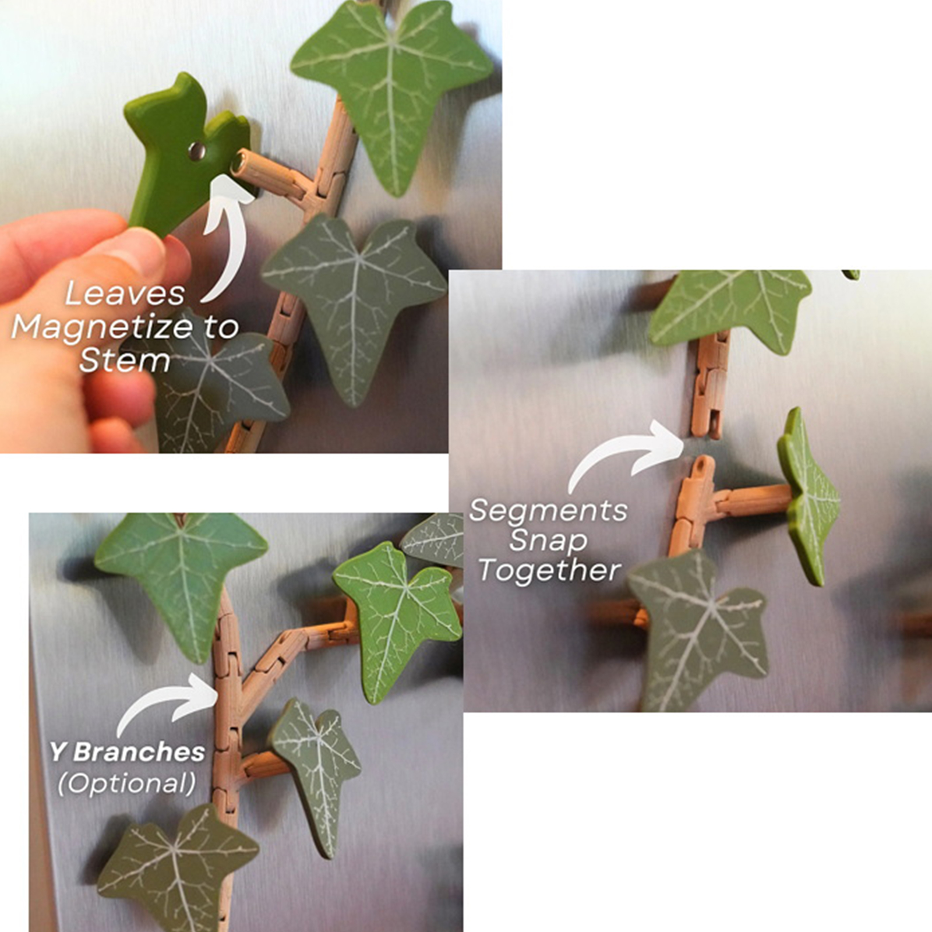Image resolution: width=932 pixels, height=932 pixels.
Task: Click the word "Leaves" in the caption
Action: click(125, 294)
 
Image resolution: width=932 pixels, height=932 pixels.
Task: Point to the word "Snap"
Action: click(548, 541)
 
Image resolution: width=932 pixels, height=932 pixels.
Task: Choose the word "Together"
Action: click(549, 570)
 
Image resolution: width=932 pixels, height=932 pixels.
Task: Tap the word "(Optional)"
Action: click(127, 783)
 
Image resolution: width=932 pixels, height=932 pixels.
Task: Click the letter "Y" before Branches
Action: click(58, 752)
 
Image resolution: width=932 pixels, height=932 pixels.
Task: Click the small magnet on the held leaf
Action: click(197, 151)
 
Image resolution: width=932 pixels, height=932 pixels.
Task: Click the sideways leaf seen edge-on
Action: click(809, 496)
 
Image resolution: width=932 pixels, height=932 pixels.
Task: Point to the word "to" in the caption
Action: click(221, 327)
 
